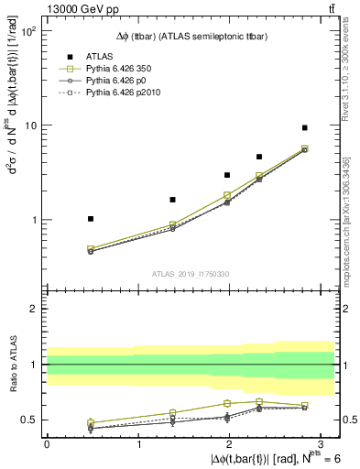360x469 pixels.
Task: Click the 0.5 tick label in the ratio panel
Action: coord(29,420)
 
